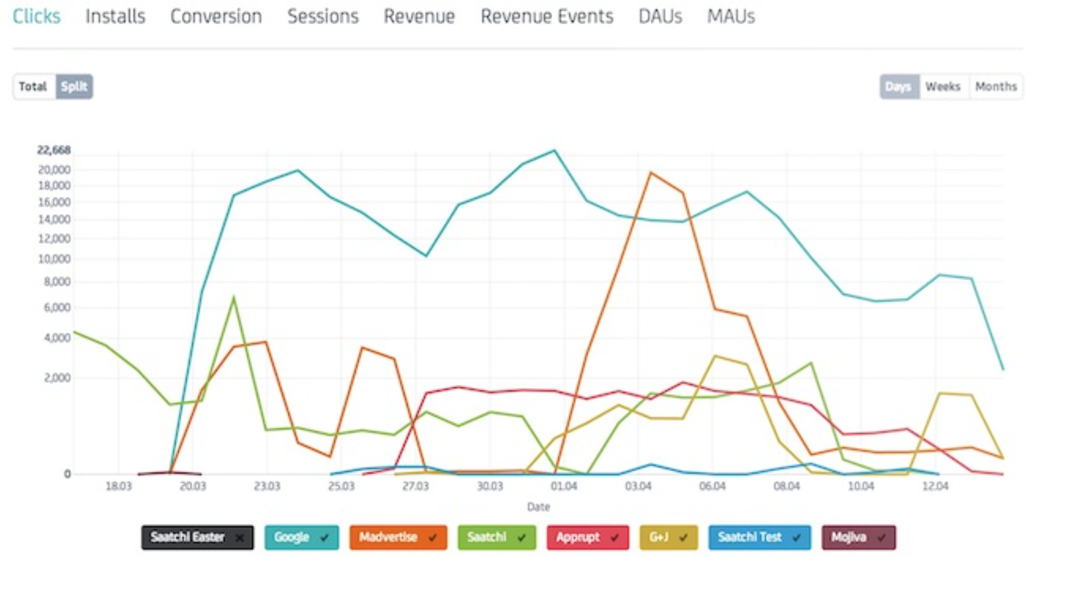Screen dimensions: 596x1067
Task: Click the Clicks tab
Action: pos(37,16)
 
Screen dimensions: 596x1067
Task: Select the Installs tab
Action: pos(115,16)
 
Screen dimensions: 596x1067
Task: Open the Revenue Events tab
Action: pos(547,16)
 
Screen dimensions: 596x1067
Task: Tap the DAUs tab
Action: pos(660,16)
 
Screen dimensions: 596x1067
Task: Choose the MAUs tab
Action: pos(731,16)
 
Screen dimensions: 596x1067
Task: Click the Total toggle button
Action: pos(33,86)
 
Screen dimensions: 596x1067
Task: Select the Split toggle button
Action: pos(74,86)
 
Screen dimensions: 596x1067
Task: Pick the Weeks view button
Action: pos(942,86)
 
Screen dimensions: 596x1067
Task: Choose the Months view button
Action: pos(996,86)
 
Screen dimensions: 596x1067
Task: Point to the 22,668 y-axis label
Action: pos(54,150)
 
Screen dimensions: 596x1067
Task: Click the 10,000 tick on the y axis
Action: pos(54,259)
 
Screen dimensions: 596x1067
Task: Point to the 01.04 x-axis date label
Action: pos(563,486)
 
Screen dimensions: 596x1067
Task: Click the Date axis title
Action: pos(538,507)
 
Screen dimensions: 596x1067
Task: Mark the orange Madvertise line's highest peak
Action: pos(650,173)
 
